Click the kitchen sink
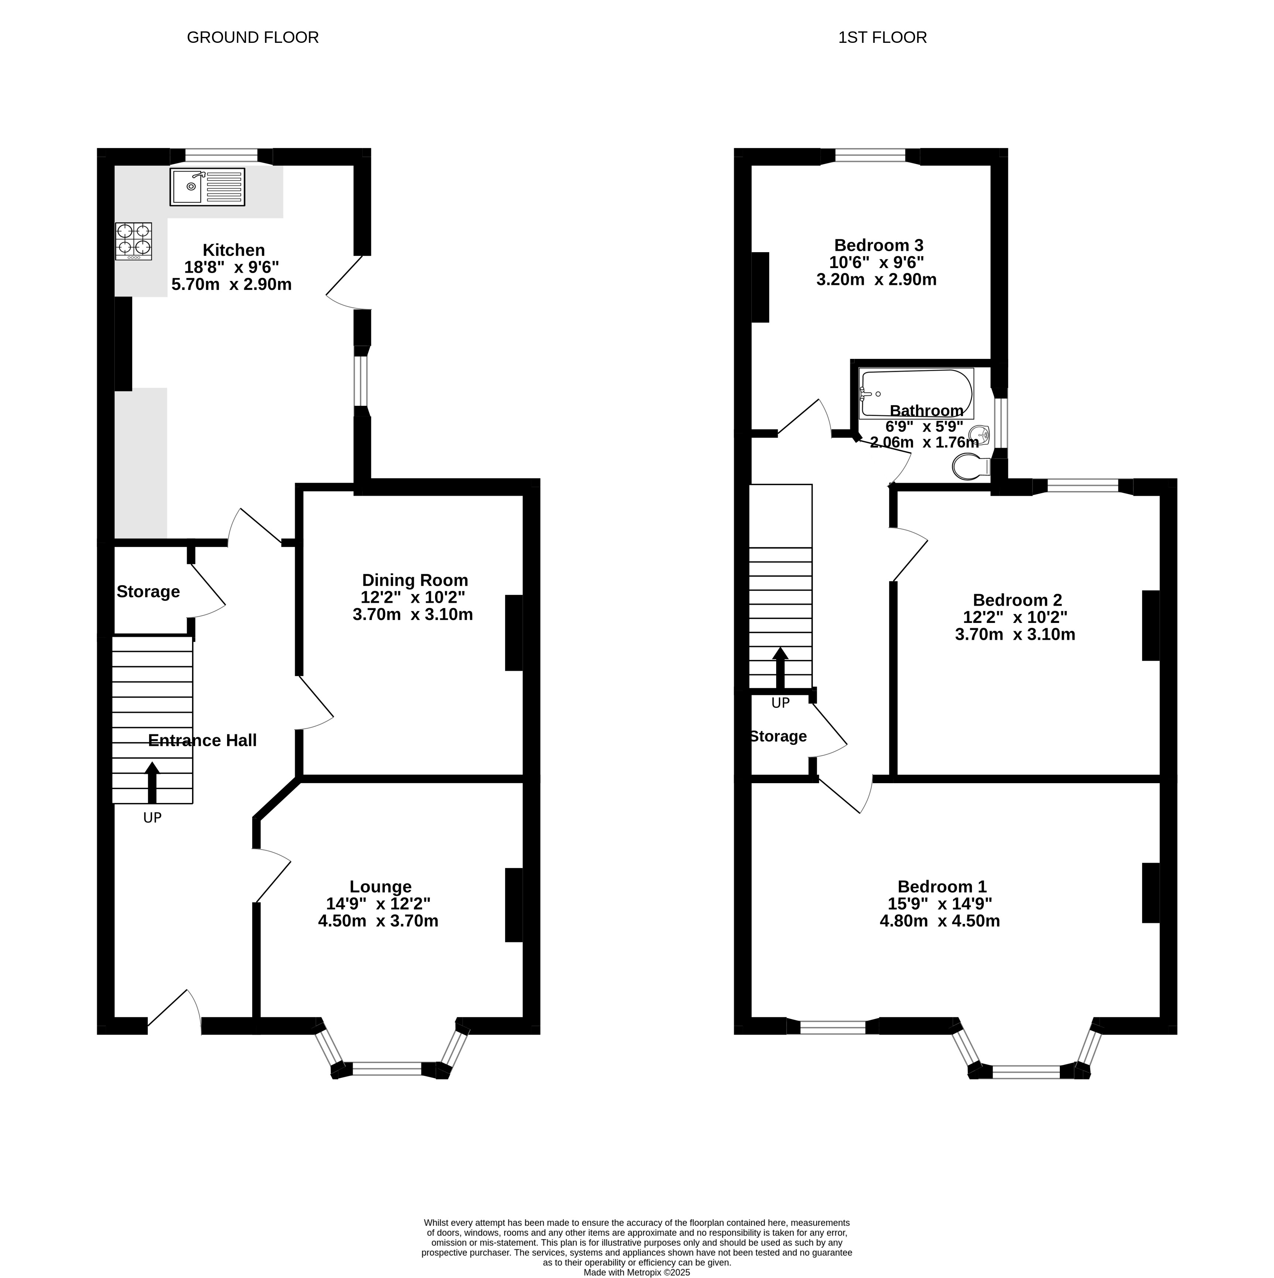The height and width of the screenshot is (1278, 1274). pyautogui.click(x=207, y=186)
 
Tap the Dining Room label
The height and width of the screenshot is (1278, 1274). pyautogui.click(x=415, y=580)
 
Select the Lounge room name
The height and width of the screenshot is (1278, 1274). pyautogui.click(x=380, y=886)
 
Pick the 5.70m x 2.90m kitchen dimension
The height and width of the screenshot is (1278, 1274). pyautogui.click(x=232, y=284)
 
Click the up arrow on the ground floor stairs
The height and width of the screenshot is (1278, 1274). pyautogui.click(x=152, y=782)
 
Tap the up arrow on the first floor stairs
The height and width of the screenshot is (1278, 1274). pyautogui.click(x=781, y=668)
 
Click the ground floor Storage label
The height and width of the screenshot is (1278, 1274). pyautogui.click(x=148, y=592)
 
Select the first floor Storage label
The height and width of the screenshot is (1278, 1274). pyautogui.click(x=778, y=736)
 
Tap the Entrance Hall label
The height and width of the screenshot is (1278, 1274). pyautogui.click(x=202, y=740)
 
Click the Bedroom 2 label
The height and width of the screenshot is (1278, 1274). pyautogui.click(x=1017, y=600)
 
